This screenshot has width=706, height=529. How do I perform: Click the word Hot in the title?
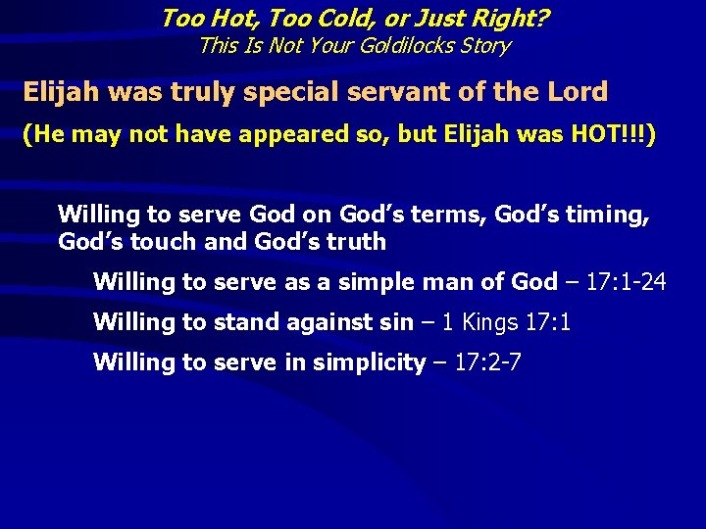click(227, 18)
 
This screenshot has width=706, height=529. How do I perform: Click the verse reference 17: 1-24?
click(628, 282)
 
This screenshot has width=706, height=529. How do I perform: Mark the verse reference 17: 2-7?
click(486, 362)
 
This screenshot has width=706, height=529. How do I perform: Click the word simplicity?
click(369, 362)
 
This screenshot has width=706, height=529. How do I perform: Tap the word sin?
click(395, 321)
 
